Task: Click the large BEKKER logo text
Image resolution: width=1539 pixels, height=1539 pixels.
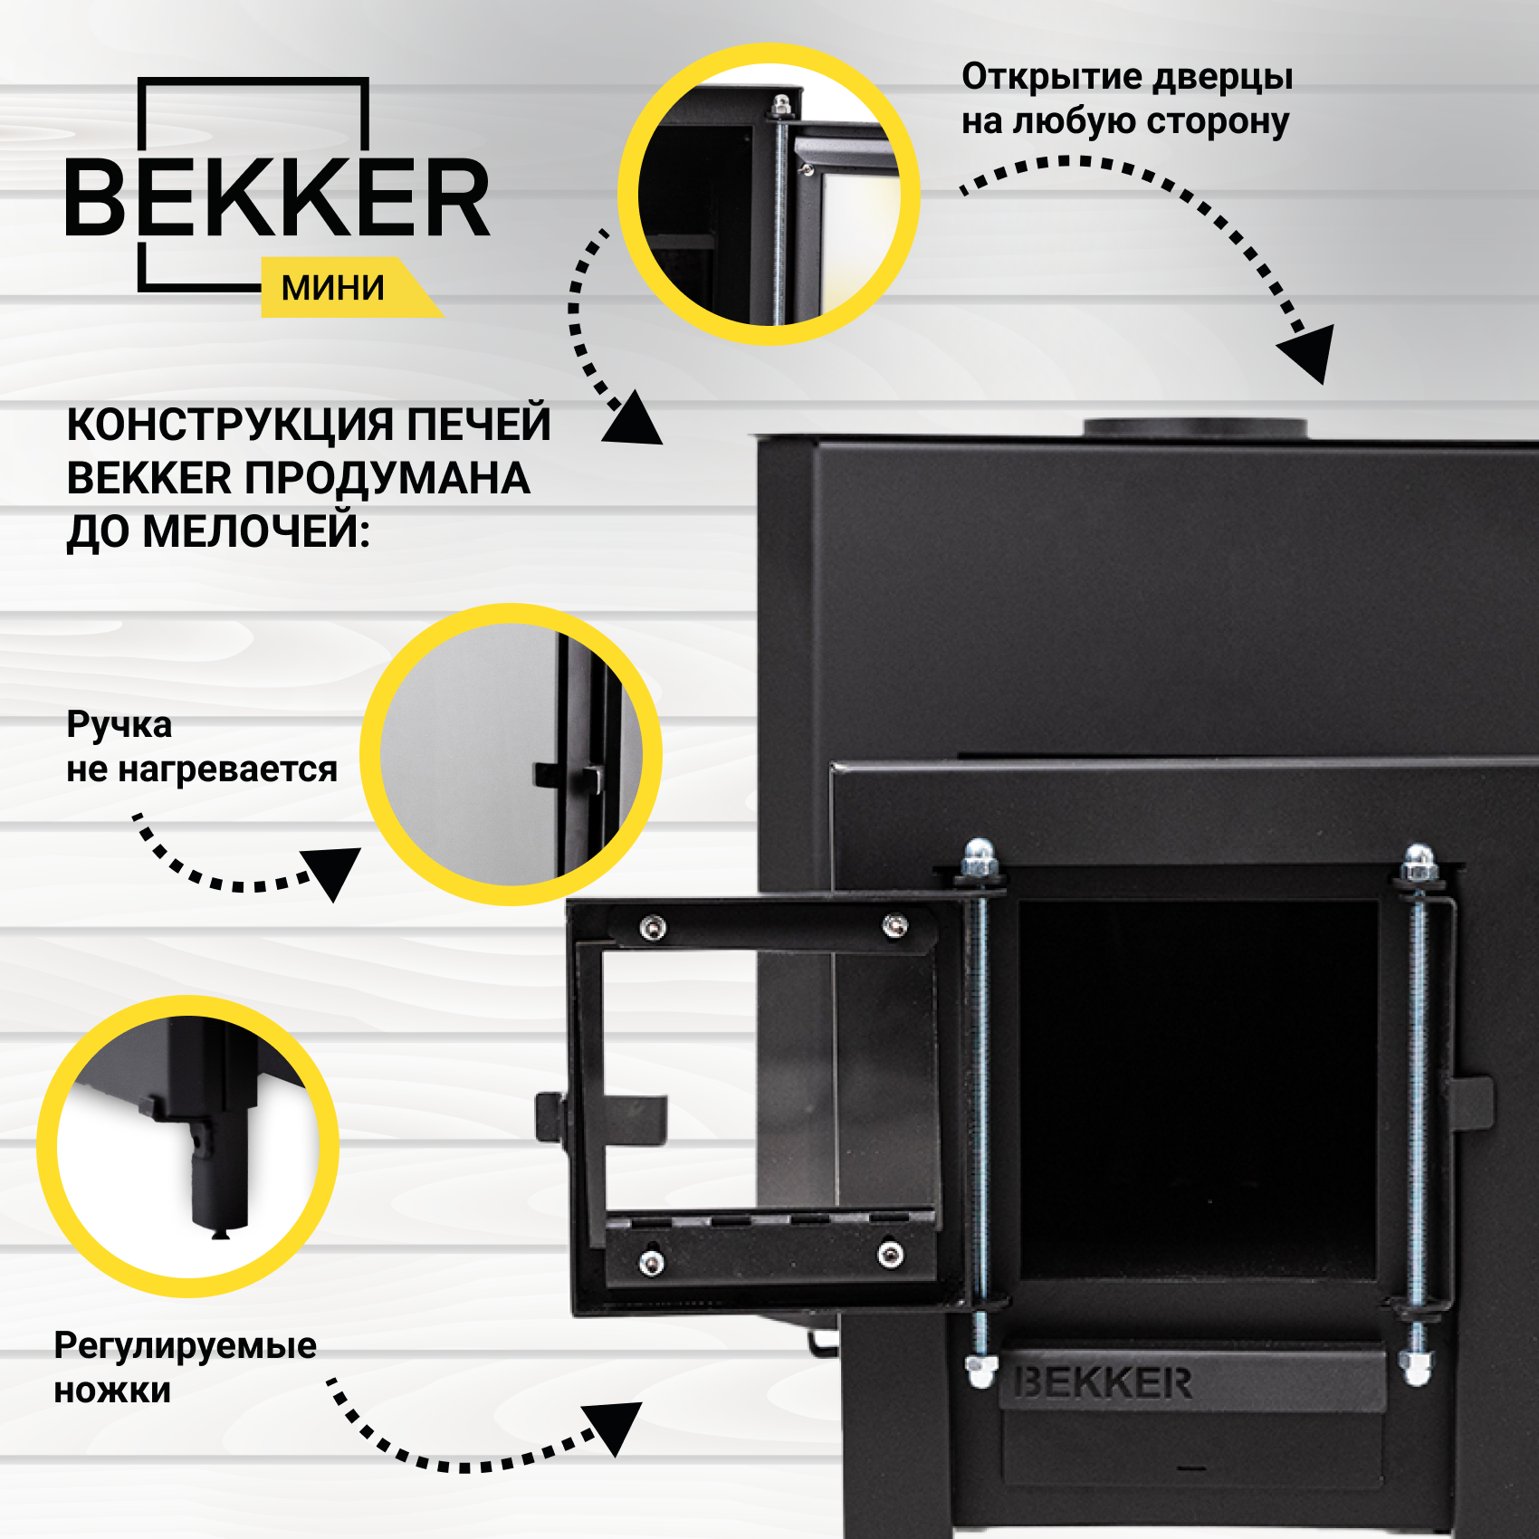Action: (x=277, y=197)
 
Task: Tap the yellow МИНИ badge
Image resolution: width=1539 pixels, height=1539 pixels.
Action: (x=333, y=288)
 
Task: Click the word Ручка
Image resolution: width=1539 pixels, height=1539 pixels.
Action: (x=119, y=725)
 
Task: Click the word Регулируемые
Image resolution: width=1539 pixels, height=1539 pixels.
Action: (x=185, y=1346)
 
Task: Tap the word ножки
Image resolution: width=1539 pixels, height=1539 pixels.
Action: (x=112, y=1391)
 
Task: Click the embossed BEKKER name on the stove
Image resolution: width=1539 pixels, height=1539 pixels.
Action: (x=1103, y=1383)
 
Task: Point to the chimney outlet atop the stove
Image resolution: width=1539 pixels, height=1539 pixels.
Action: (x=1195, y=427)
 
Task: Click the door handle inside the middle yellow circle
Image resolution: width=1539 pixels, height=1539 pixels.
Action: (x=570, y=776)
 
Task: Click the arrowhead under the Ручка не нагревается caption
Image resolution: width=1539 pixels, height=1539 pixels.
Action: (x=333, y=871)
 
